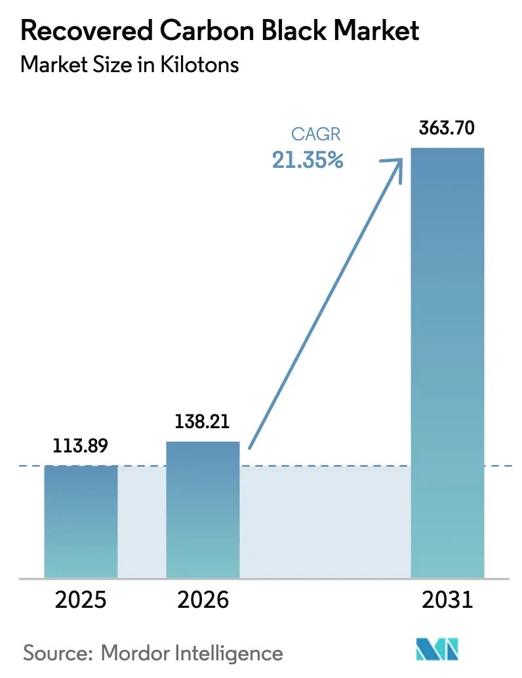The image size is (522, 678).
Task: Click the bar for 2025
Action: point(81,521)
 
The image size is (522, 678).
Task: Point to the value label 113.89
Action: point(81,447)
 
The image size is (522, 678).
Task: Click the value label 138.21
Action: point(202,422)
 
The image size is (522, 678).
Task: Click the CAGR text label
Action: point(316,135)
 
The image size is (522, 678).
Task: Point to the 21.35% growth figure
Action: point(308,160)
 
